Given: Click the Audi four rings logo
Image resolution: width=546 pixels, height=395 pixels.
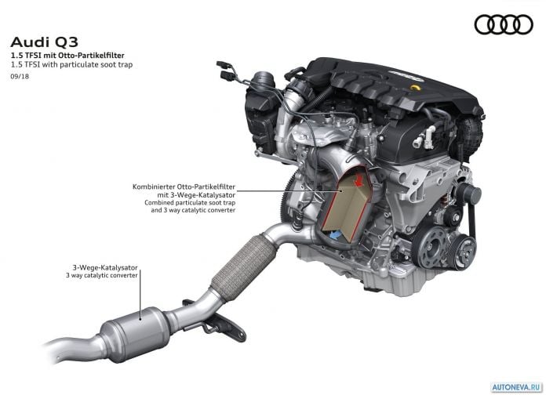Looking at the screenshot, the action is click(x=504, y=25).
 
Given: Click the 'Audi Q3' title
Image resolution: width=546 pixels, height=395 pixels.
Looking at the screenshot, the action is click(x=44, y=42).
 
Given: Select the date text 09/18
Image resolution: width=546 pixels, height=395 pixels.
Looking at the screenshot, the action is click(x=20, y=76).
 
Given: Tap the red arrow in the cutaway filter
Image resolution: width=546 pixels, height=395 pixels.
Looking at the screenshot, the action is click(x=359, y=180).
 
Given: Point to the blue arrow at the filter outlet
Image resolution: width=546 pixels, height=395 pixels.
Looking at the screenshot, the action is click(x=334, y=235).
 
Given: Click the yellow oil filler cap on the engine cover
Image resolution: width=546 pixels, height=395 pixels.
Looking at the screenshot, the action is click(x=416, y=87).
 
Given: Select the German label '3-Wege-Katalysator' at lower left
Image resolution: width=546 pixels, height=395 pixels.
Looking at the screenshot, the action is click(x=105, y=267).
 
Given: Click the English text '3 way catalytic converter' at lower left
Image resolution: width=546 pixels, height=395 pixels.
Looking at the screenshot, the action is click(x=102, y=275).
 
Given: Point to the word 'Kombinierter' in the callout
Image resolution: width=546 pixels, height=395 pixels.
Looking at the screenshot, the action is click(x=154, y=187).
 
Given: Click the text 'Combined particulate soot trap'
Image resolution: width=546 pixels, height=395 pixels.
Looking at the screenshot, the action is click(x=190, y=202).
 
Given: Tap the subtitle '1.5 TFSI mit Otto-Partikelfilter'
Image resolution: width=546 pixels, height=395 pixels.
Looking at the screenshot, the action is click(x=67, y=56).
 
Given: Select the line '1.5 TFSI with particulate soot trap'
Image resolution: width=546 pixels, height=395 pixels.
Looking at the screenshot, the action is click(x=71, y=65).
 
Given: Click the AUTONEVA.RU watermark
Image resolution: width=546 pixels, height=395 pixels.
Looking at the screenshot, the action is click(x=517, y=387).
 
